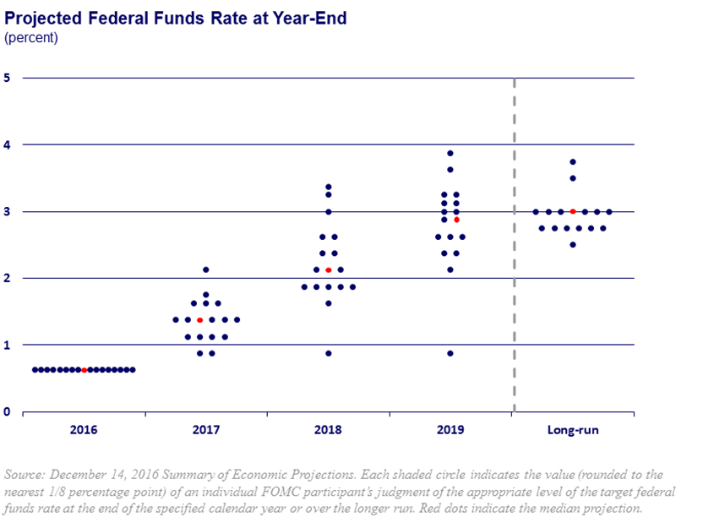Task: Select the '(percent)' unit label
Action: (31, 37)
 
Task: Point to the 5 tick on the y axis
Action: (8, 78)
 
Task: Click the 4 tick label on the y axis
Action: (8, 144)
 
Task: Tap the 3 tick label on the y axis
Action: (8, 211)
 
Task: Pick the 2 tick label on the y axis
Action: (8, 278)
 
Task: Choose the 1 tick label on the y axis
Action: (8, 345)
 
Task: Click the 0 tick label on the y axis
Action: (8, 411)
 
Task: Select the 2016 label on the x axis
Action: (84, 430)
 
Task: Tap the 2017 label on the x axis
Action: (206, 430)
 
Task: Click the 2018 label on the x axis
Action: (329, 430)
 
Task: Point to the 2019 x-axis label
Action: (450, 430)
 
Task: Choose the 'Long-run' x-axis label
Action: (573, 430)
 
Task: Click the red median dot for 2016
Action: (84, 370)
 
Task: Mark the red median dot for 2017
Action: (199, 320)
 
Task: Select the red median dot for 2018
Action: (329, 270)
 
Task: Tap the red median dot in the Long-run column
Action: (573, 211)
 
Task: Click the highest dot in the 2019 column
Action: (450, 154)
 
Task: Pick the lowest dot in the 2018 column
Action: (329, 353)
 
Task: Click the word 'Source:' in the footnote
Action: (25, 475)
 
